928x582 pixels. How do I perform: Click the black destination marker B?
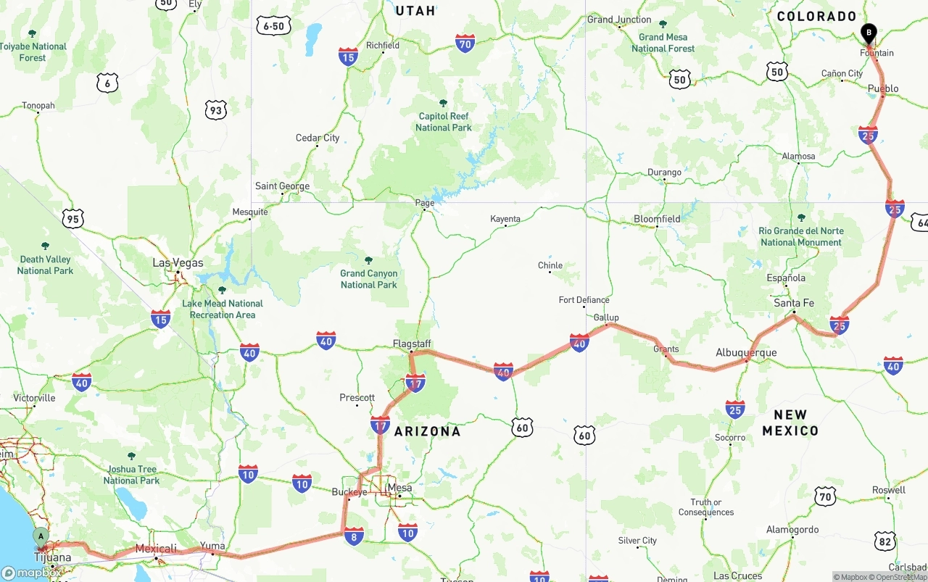[868, 33]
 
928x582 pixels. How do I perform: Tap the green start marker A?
[41, 537]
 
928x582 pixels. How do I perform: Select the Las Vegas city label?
[178, 263]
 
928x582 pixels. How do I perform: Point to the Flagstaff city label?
[412, 344]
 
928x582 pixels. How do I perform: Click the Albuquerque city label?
[746, 353]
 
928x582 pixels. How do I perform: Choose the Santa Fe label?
[793, 303]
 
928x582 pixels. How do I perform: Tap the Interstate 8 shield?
[353, 536]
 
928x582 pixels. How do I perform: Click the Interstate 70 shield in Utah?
[465, 43]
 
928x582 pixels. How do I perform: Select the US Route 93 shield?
[216, 110]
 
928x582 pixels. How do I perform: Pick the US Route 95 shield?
[72, 218]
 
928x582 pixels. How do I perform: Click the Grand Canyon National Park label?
[368, 279]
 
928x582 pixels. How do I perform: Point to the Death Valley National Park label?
[46, 265]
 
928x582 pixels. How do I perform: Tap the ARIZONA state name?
[427, 431]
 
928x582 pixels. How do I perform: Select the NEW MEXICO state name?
[790, 423]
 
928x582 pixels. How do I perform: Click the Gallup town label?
[606, 317]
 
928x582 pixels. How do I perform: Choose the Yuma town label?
[212, 546]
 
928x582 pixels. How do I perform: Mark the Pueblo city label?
[883, 88]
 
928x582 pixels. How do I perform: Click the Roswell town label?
[889, 490]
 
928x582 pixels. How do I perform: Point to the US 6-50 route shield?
[274, 26]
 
